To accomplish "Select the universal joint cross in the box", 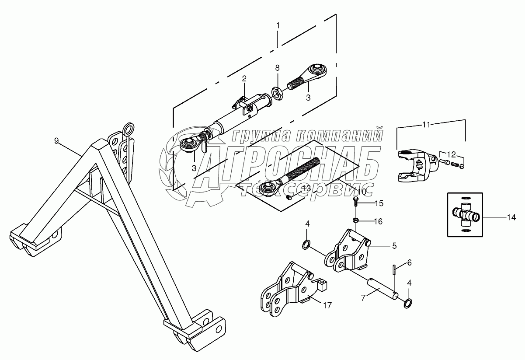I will [465, 214].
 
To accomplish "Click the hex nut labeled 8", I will [277, 93].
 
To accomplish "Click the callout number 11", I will [426, 125].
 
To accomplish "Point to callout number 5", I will [394, 246].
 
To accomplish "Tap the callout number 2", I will [244, 79].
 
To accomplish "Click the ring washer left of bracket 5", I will [307, 244].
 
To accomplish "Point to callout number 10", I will [362, 192].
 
